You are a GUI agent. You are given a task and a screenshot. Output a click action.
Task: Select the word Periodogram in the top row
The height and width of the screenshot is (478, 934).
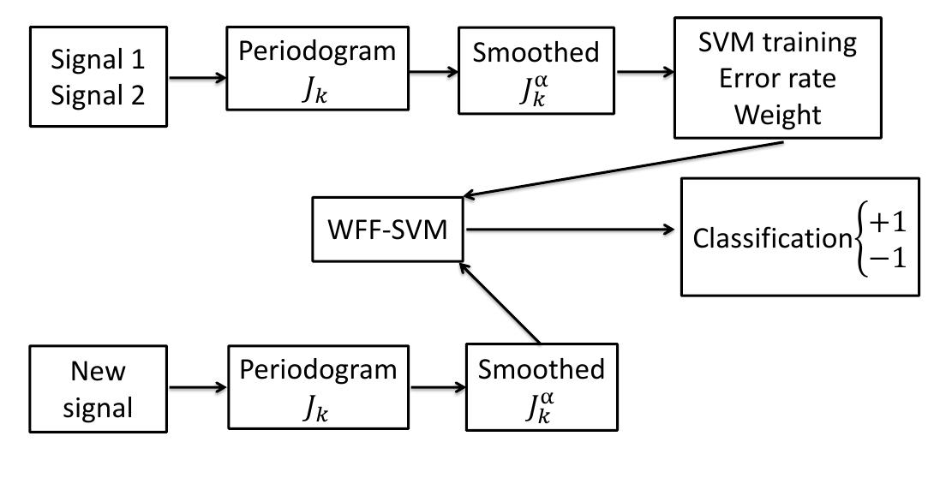click(318, 51)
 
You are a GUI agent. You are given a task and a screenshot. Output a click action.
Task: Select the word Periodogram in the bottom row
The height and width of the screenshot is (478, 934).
click(318, 370)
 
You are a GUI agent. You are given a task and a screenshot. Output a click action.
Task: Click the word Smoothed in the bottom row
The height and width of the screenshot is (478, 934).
click(541, 370)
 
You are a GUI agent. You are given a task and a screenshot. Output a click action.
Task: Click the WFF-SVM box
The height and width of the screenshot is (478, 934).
click(388, 230)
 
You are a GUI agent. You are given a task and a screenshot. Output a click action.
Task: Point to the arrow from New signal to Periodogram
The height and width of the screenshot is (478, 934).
click(197, 387)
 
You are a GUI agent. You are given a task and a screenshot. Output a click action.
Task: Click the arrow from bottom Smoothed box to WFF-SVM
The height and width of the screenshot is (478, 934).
click(500, 304)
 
